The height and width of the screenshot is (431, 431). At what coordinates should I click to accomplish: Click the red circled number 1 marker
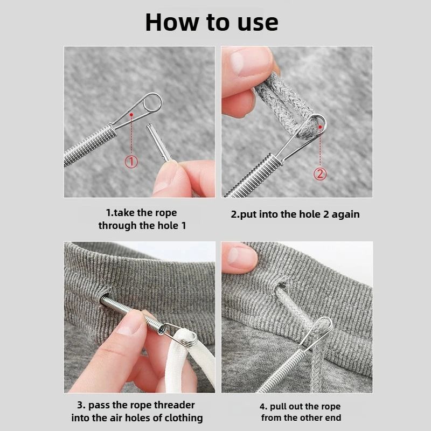tap(132, 161)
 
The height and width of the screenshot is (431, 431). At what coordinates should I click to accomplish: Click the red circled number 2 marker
tap(319, 173)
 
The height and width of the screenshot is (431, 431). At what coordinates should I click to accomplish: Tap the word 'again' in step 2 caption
tap(345, 214)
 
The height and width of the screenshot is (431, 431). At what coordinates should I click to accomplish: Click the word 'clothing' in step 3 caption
tap(180, 418)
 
